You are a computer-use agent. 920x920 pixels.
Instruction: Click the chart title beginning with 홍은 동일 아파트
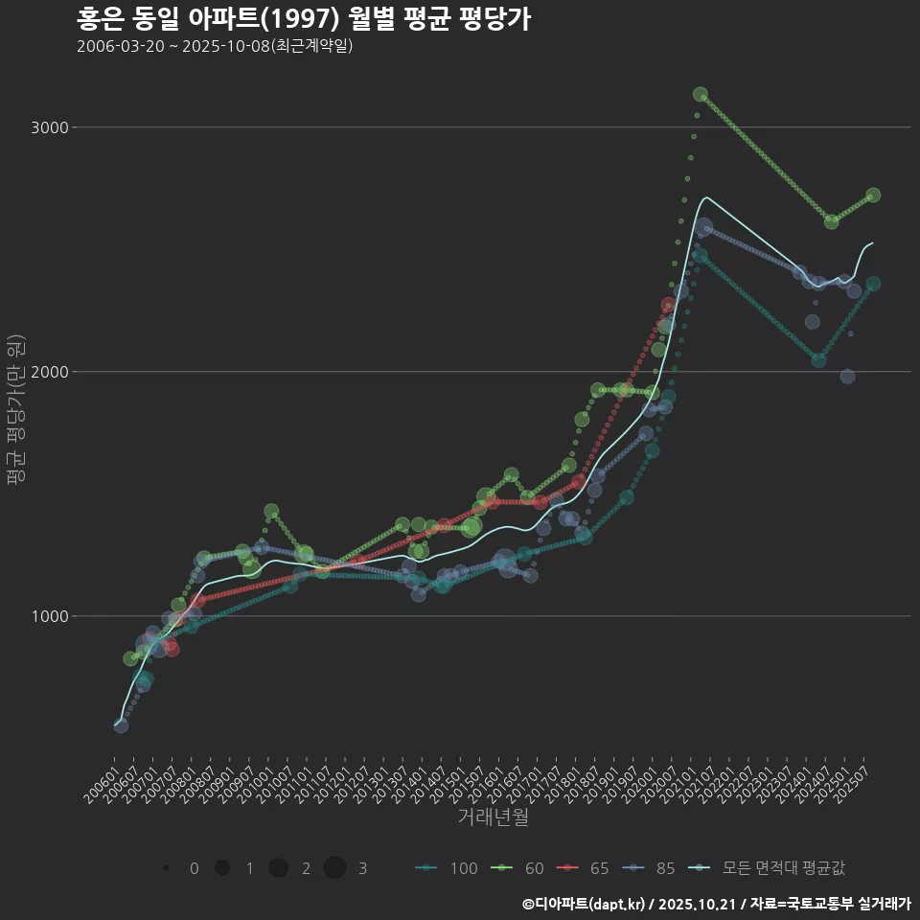(x=303, y=19)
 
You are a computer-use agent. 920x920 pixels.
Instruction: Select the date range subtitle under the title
(x=215, y=46)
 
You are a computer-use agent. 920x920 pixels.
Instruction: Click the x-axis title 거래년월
(x=493, y=816)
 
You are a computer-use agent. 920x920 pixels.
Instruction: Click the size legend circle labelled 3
(x=334, y=868)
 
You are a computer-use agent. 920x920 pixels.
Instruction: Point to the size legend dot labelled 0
(x=167, y=868)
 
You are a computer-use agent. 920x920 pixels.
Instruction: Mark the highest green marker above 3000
(x=701, y=94)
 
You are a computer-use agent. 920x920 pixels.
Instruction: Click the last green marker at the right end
(x=873, y=195)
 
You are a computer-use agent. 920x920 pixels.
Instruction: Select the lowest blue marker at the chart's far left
(x=121, y=725)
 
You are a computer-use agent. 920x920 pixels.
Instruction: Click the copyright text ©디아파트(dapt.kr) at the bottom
(x=585, y=904)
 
